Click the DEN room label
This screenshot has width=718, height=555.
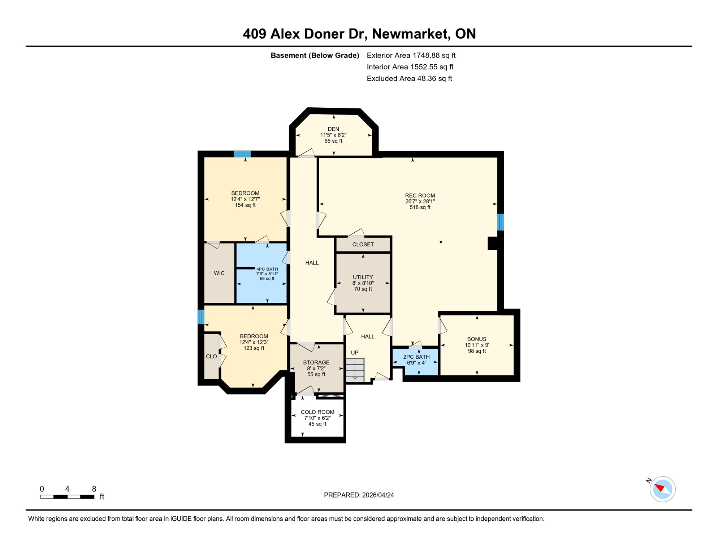coord(333,129)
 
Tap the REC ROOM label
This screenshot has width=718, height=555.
coord(420,195)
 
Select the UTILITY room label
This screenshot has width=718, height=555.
coord(363,277)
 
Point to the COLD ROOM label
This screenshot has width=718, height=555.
coord(317,412)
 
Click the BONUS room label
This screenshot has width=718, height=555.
coord(477,339)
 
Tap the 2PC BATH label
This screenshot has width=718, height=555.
coord(416,357)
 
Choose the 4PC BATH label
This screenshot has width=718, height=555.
coord(267,269)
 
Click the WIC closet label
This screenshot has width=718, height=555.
coord(219,273)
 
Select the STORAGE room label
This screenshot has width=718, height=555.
coord(316,362)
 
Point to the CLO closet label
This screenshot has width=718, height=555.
coord(211,356)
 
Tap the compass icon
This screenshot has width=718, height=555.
coord(662,489)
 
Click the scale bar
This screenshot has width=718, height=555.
coord(68,497)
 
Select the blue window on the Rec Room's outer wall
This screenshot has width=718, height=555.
coord(501,222)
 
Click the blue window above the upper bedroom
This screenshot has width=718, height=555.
coord(242,154)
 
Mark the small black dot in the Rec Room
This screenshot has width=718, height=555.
coord(441,242)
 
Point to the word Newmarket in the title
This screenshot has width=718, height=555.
coord(411,34)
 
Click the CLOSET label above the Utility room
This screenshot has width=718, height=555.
coord(363,244)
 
